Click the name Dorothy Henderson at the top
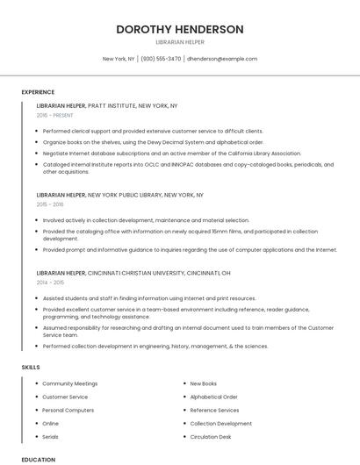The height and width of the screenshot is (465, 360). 180,29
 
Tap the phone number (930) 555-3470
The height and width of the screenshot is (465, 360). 161,59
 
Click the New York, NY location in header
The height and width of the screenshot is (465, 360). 119,59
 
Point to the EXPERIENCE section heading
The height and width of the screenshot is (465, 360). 38,92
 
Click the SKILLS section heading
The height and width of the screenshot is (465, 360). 30,367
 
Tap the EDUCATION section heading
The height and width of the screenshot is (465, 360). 38,459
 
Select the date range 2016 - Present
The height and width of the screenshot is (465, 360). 54,115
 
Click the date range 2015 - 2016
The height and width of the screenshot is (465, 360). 50,204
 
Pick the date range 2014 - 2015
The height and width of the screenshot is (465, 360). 50,283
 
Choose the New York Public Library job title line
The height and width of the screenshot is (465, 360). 120,195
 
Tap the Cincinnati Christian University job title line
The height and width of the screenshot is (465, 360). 133,273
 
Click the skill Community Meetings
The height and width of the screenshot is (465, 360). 69,383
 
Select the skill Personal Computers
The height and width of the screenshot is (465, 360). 68,410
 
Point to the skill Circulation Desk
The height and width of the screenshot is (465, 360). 211,436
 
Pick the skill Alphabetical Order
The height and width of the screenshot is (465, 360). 213,397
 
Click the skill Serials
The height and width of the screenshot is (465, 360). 51,436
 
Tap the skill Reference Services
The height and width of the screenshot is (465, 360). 214,410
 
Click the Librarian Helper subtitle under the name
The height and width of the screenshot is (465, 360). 180,42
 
